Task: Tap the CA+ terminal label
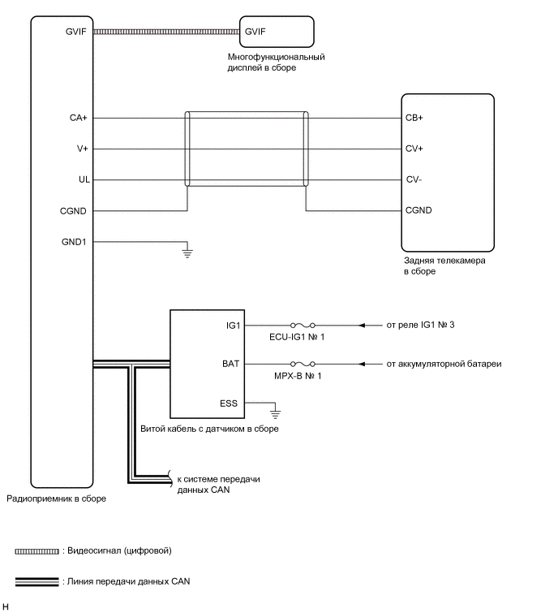tap(79, 118)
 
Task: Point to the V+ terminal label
tap(81, 149)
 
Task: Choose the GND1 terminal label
tap(74, 241)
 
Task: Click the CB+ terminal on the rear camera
tap(414, 118)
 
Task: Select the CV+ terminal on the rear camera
tap(414, 149)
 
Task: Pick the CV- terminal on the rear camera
tap(414, 179)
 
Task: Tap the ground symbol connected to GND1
tap(187, 253)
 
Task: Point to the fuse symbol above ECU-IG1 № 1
tap(301, 326)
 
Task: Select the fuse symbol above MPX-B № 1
tap(301, 364)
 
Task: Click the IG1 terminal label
tap(234, 326)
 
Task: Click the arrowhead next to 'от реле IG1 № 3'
tap(369, 326)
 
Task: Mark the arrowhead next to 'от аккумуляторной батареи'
tap(369, 364)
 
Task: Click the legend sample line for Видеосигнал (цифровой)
tap(36, 551)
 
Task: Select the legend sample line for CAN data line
tap(36, 581)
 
